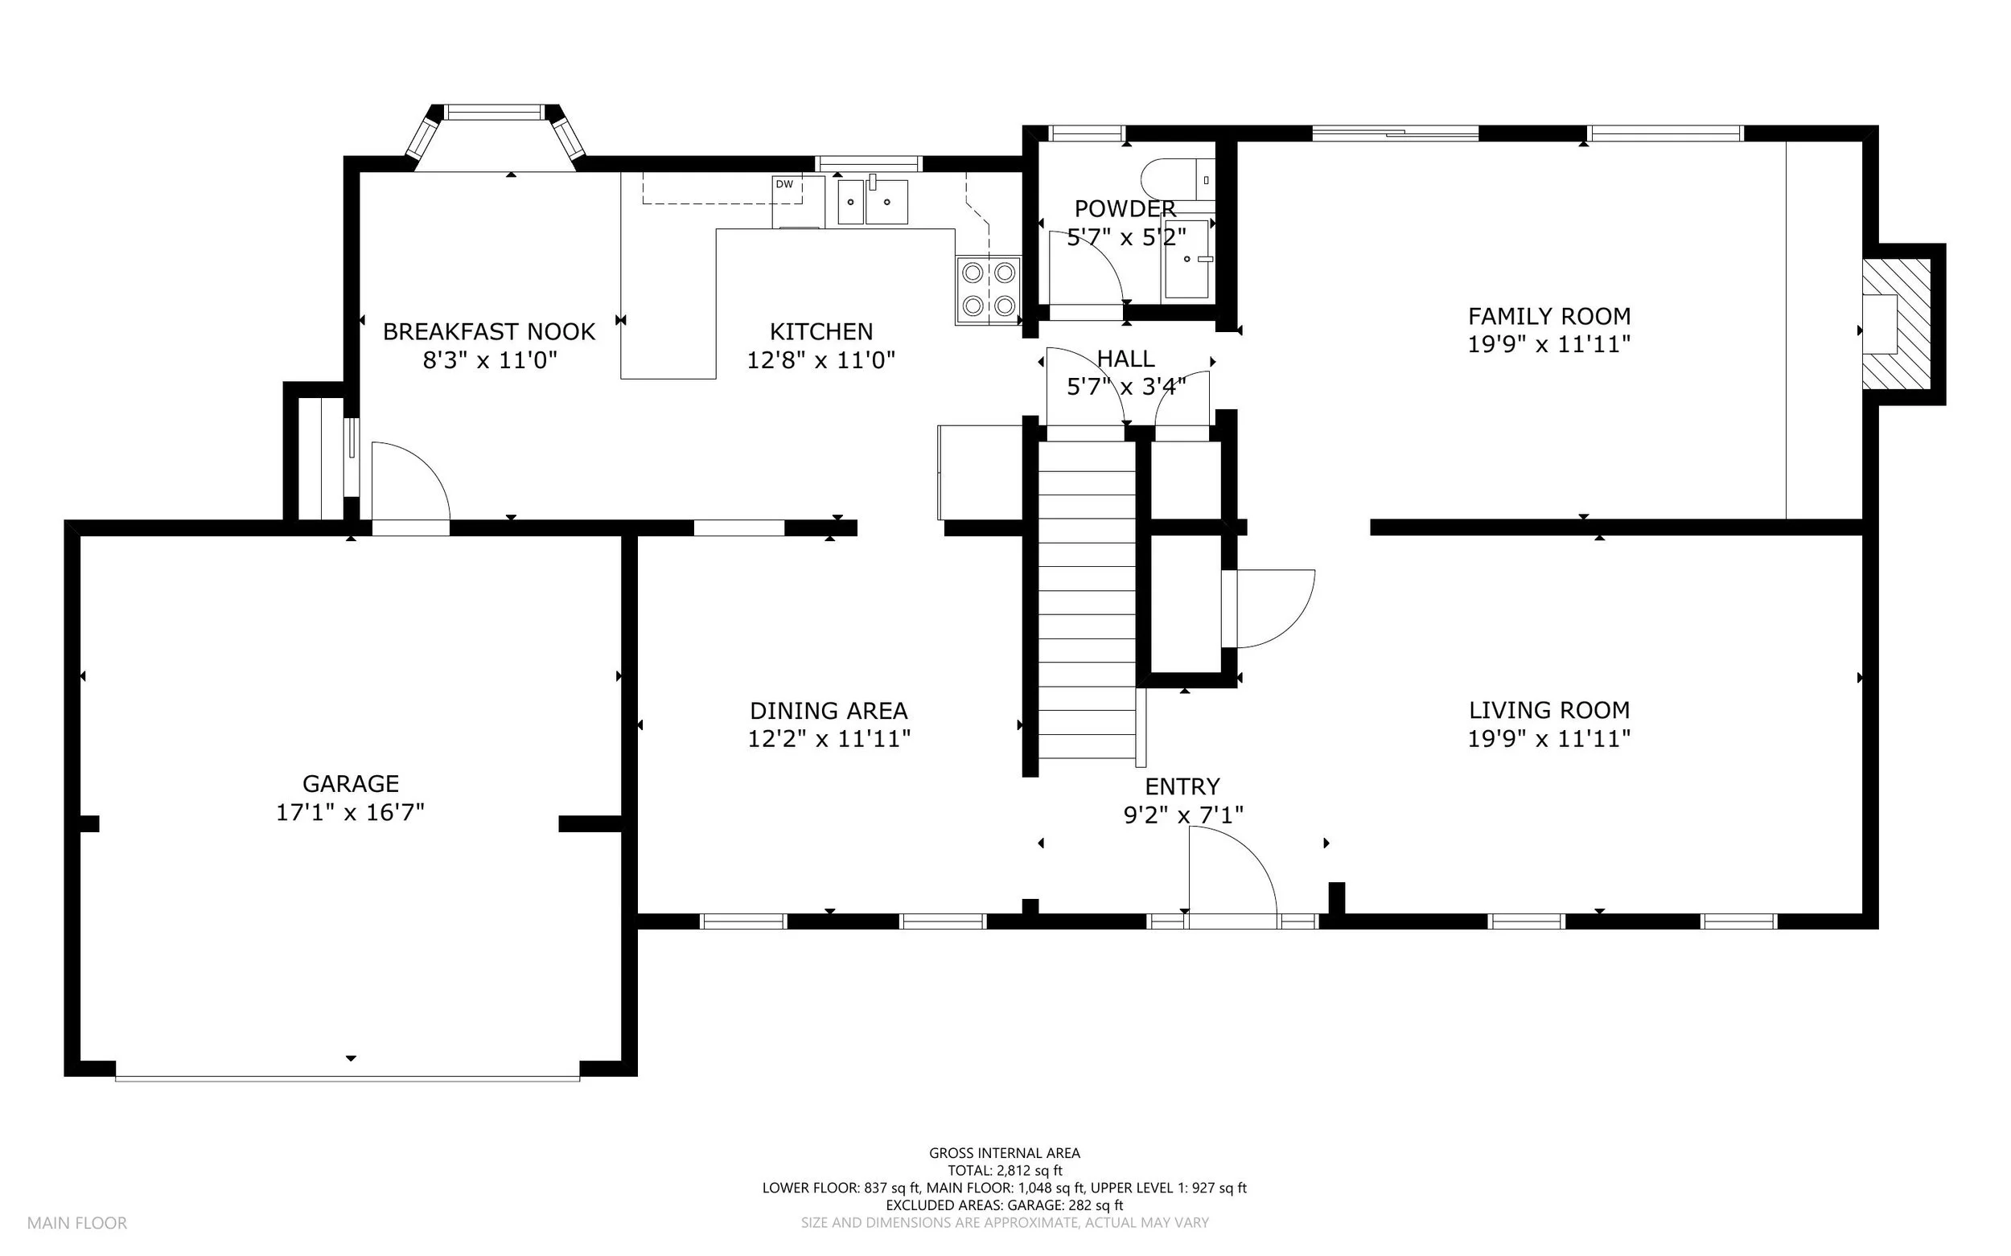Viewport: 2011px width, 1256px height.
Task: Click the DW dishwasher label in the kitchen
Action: (x=783, y=184)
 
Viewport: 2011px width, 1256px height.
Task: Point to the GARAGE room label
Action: (x=351, y=783)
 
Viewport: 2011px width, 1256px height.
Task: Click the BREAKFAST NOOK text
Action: (x=488, y=332)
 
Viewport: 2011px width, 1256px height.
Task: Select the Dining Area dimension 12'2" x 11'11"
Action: (x=829, y=738)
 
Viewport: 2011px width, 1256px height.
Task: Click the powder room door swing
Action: (x=1087, y=268)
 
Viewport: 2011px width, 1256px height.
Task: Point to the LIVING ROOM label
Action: (x=1549, y=710)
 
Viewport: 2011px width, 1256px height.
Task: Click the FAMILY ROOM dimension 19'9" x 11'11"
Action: (x=1549, y=344)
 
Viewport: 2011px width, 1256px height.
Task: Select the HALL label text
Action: (x=1126, y=359)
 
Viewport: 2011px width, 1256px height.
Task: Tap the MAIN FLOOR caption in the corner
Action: (x=77, y=1223)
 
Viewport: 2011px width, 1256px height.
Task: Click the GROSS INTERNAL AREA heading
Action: (x=1005, y=1153)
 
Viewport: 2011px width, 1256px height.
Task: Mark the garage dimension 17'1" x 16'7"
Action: (x=351, y=811)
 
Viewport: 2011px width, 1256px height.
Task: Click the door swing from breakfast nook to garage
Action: (x=410, y=482)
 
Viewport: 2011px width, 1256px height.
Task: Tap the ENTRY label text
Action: (x=1182, y=786)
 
